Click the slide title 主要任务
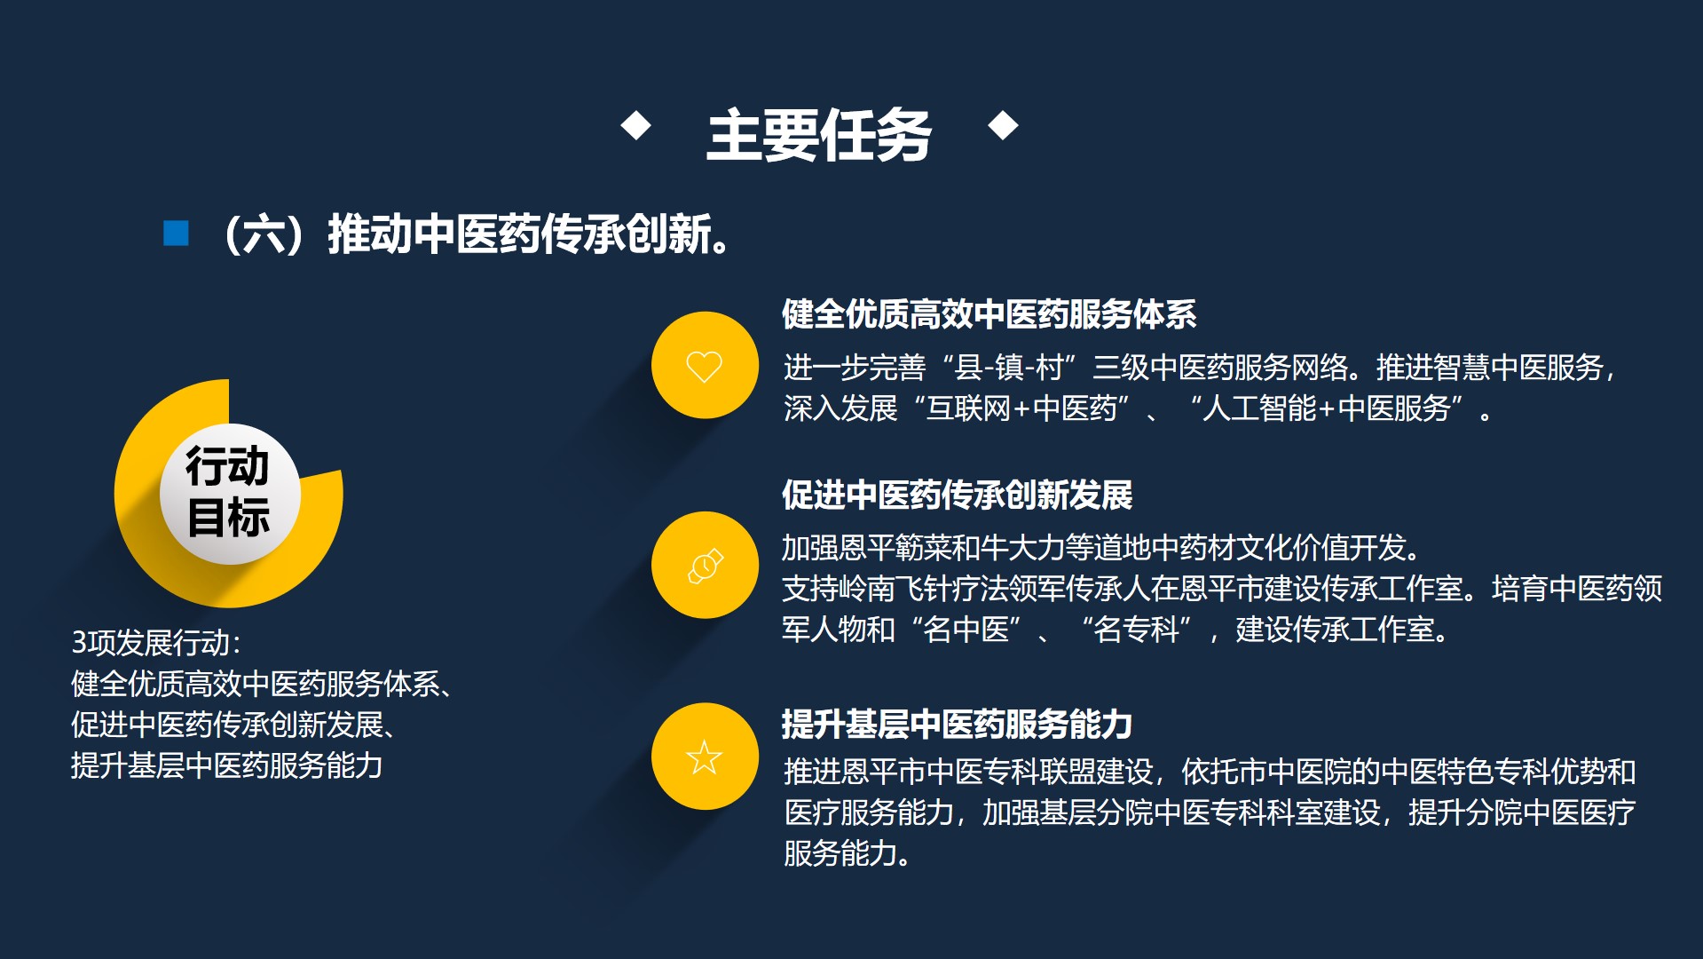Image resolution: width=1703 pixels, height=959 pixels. click(818, 136)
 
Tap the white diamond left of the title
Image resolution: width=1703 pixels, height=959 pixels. click(635, 125)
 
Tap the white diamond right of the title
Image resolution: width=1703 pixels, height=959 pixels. click(1003, 125)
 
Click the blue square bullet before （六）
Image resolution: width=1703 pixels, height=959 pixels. click(176, 234)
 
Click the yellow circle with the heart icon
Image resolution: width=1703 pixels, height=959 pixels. click(705, 365)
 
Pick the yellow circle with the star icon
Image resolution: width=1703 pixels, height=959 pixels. click(705, 757)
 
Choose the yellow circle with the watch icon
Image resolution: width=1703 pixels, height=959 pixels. click(705, 565)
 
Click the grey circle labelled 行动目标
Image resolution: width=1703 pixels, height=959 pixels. click(229, 493)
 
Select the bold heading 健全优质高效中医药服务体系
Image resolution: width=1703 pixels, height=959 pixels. click(989, 314)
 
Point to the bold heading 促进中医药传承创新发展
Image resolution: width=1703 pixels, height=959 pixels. click(957, 495)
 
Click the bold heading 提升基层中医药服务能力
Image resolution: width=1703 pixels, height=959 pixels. click(957, 725)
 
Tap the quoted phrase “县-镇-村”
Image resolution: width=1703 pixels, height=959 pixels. click(1010, 368)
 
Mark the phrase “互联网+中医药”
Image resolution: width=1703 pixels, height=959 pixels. click(1028, 409)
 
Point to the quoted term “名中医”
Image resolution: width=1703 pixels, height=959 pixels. click(966, 630)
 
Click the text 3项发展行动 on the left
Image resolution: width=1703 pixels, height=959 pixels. click(156, 642)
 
